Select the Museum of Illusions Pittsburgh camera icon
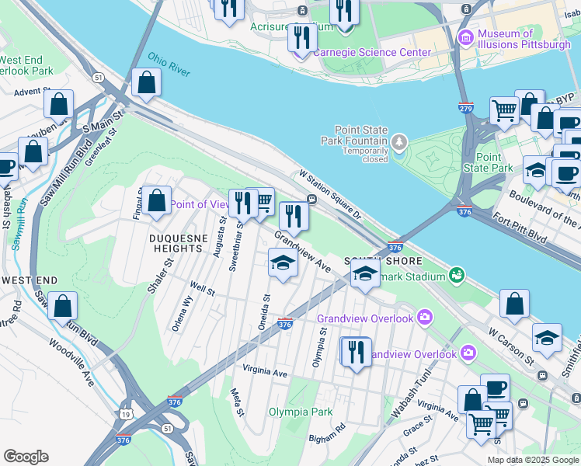466,37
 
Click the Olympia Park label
301,412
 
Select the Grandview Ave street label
304,252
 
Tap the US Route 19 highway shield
126,415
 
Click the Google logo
26,457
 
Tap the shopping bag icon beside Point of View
156,200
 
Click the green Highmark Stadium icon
457,274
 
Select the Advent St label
32,91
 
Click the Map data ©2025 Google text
532,460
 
